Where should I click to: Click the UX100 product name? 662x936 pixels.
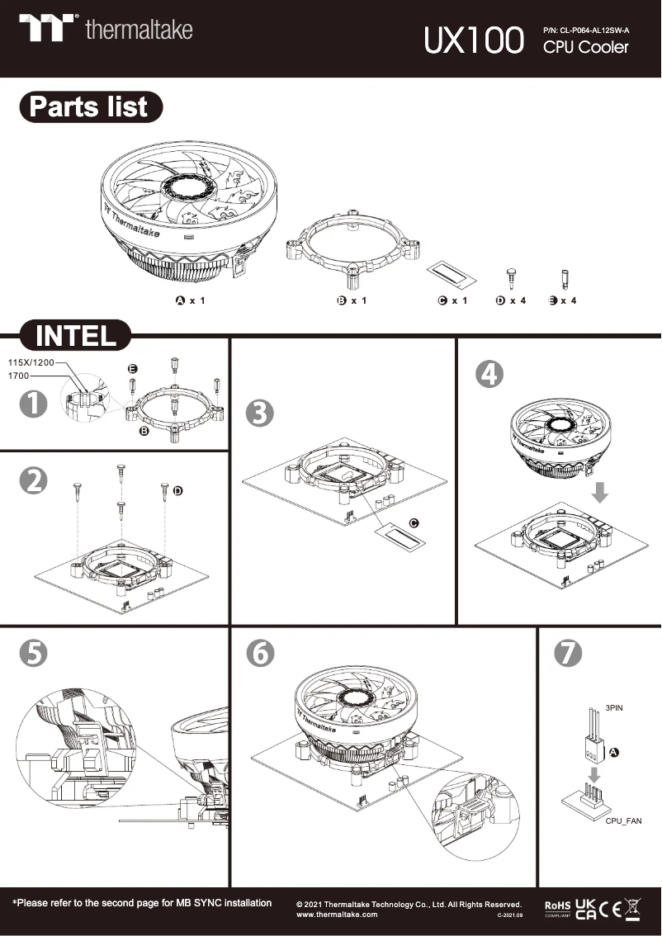[474, 40]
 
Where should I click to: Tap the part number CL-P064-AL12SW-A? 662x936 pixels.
[586, 31]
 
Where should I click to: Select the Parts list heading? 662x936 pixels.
[89, 107]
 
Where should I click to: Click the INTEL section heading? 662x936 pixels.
[76, 336]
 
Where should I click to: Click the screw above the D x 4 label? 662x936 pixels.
[511, 276]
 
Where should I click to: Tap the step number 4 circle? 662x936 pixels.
[489, 374]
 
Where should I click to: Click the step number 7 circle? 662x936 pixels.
[567, 653]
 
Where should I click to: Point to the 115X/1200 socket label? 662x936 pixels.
[31, 362]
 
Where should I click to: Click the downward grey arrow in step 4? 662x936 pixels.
[601, 493]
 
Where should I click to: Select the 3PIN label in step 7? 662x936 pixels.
[615, 708]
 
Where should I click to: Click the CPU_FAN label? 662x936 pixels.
[623, 821]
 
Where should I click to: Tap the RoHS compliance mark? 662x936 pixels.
[557, 907]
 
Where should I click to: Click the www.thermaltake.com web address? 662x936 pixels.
[337, 915]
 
